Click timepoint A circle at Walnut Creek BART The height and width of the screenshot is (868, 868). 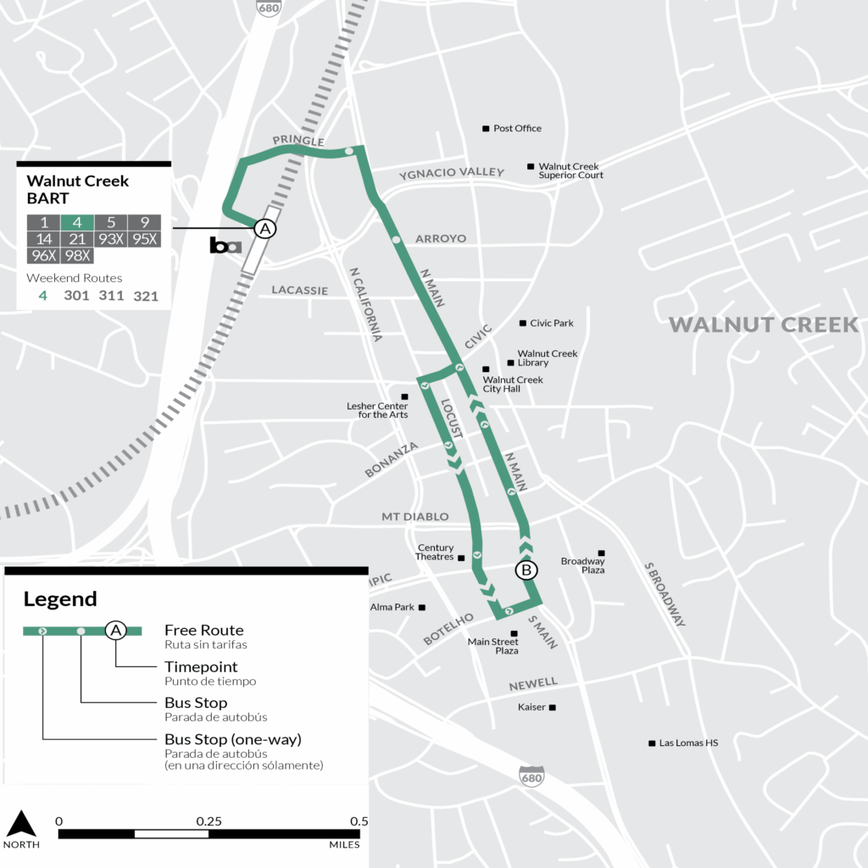click(264, 228)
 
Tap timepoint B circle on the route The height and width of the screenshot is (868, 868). click(526, 570)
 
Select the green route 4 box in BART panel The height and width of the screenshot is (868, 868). click(77, 223)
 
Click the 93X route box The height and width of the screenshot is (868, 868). click(110, 239)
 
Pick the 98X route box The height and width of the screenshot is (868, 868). click(77, 255)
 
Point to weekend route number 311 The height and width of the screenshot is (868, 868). click(111, 296)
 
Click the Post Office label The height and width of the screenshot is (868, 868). click(517, 129)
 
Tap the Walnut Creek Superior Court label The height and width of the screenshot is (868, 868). click(570, 171)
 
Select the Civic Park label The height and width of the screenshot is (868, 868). click(551, 323)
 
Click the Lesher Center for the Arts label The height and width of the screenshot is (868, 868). click(377, 410)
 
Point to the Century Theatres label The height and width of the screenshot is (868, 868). click(436, 553)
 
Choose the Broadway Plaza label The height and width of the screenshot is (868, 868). click(582, 565)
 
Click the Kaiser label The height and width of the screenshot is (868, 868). click(532, 707)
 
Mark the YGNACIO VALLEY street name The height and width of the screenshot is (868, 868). click(451, 173)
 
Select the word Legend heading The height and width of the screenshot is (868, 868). click(60, 599)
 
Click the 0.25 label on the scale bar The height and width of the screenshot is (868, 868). click(209, 821)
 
